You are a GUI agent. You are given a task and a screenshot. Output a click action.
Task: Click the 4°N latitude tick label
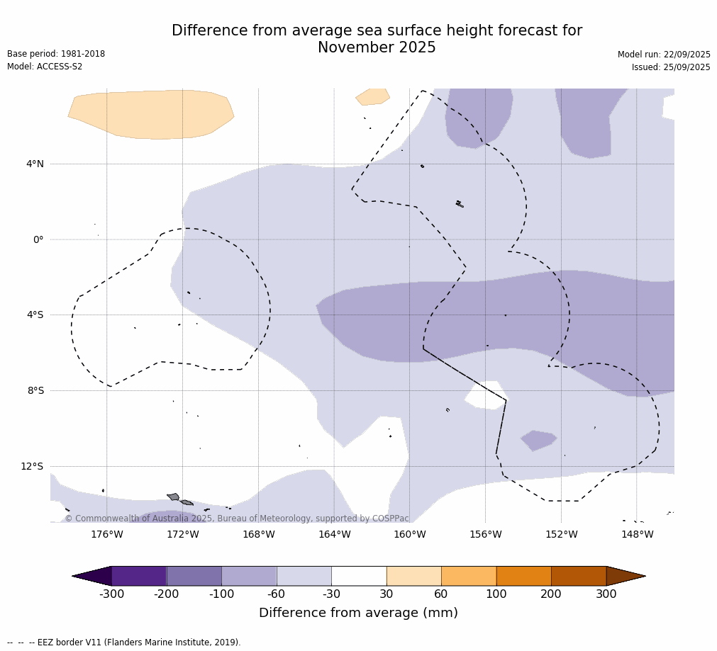point(35,164)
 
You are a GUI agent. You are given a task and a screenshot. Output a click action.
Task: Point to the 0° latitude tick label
point(38,240)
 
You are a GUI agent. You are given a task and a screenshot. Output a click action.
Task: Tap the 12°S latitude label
point(32,467)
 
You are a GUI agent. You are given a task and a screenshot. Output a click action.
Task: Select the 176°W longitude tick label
point(106,535)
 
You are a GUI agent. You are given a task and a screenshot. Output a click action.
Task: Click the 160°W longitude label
point(409,535)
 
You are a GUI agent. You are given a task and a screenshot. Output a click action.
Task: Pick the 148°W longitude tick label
point(637,535)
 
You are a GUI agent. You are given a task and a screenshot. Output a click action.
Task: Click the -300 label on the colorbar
point(111,594)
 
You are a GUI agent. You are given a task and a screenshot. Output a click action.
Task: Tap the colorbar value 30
point(387,594)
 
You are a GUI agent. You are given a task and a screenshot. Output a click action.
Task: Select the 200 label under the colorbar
point(551,594)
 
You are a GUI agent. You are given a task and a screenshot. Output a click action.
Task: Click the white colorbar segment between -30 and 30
point(359,576)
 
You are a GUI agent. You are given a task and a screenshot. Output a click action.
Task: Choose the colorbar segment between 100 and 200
point(523,576)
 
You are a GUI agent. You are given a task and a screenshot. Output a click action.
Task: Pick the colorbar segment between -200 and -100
point(194,576)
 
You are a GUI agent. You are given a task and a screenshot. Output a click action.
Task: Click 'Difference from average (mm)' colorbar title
point(358,613)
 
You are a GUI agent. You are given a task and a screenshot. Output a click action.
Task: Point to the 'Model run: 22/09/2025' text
point(664,55)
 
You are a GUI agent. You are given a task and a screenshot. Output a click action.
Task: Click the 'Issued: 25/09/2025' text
point(671,67)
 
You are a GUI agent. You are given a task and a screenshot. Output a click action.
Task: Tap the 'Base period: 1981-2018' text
point(56,54)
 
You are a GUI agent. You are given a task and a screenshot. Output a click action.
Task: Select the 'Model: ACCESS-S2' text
point(45,67)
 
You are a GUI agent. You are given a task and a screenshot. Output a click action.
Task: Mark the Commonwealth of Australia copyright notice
point(237,519)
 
